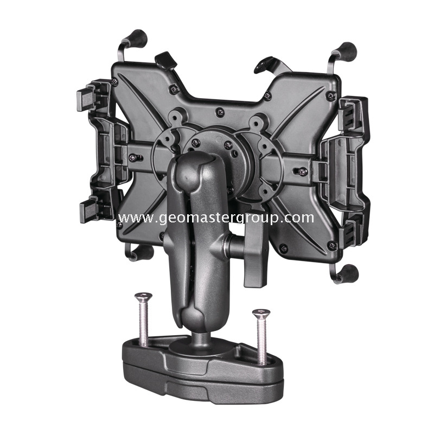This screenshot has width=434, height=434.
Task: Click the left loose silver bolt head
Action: point(143,296)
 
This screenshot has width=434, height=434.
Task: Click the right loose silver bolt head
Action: point(261,313)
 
